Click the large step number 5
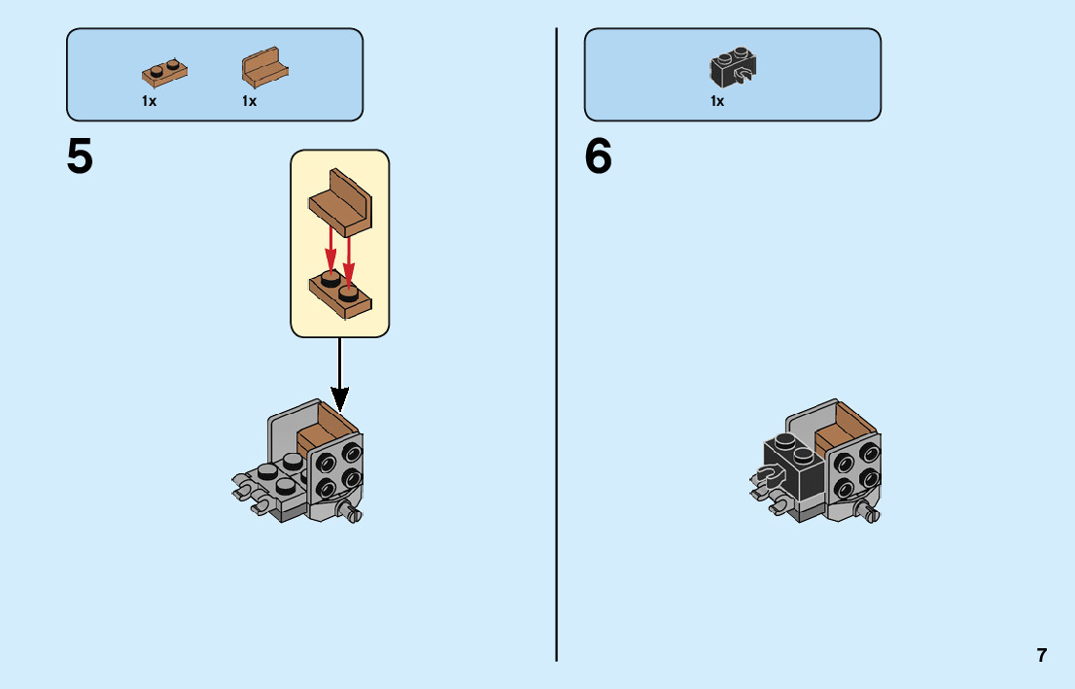point(80,156)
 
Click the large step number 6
point(599,156)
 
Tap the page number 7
point(1042,655)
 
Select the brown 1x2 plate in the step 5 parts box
point(164,71)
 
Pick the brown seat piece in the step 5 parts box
point(264,69)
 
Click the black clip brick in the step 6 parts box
point(734,67)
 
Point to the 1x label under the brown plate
point(149,101)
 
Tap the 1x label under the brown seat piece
point(250,101)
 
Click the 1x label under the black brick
point(717,101)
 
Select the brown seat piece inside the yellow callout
point(341,201)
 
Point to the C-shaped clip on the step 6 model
point(767,475)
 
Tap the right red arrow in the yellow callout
point(348,254)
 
